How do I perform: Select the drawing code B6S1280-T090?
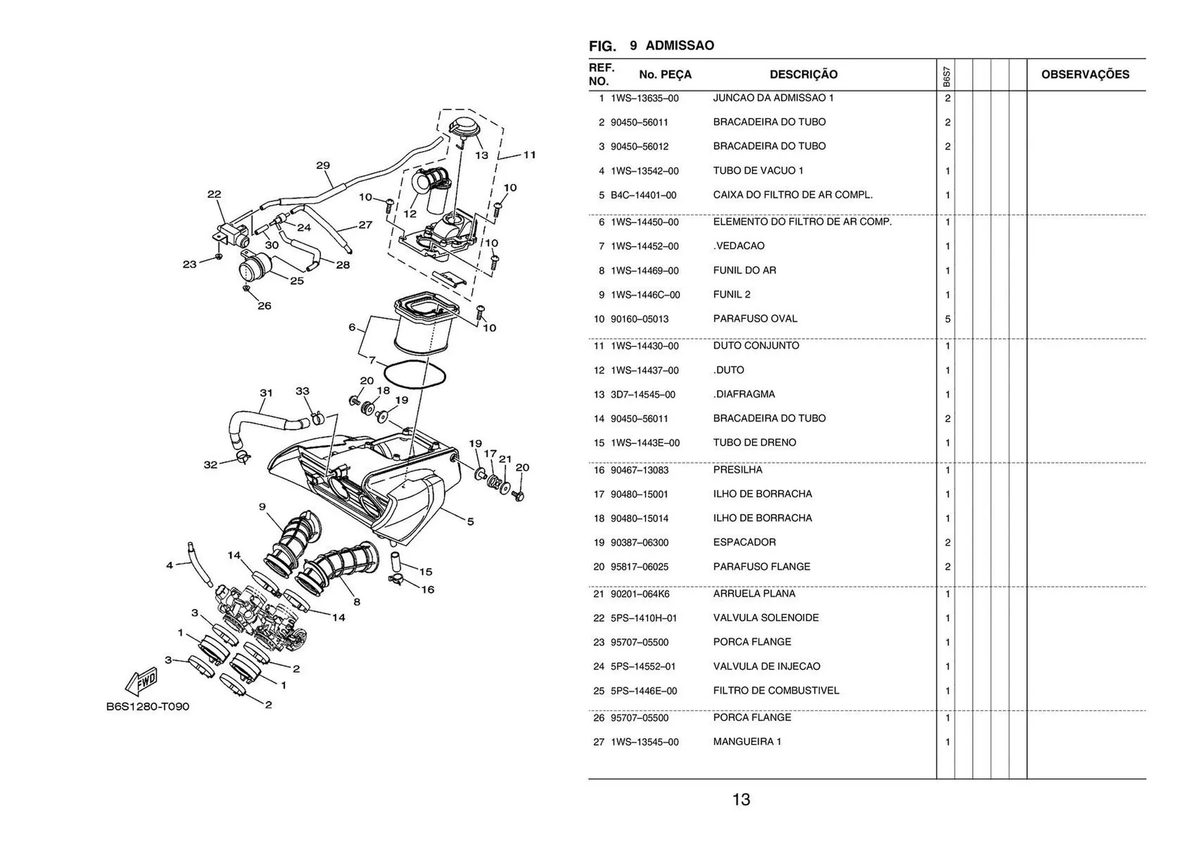147,707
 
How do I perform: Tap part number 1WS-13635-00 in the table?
644,98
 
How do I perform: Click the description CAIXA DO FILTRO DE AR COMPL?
792,195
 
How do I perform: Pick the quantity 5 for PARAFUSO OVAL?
947,319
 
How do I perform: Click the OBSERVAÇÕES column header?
1085,75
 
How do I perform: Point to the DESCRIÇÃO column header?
803,75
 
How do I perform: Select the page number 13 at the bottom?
741,799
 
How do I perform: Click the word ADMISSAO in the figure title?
680,45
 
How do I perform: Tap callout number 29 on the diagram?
323,165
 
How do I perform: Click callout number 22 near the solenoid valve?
214,194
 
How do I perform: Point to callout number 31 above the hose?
266,393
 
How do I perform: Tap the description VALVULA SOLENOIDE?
766,618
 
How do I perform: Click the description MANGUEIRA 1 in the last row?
747,741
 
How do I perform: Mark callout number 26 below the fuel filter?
264,306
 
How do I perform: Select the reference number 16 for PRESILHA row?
598,470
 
